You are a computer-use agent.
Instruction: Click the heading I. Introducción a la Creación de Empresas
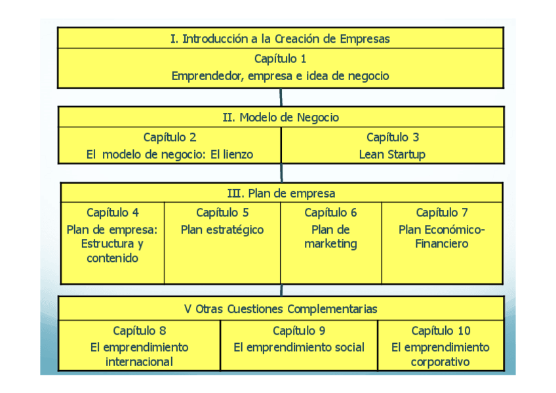(x=280, y=39)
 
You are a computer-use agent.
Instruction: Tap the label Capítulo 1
(x=280, y=58)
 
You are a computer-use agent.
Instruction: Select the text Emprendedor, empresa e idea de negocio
(x=280, y=76)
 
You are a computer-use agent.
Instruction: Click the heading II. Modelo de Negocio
(x=281, y=117)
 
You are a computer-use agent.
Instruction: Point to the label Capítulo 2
(x=170, y=137)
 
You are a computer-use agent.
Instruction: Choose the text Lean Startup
(x=392, y=155)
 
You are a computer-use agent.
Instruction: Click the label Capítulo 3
(x=392, y=137)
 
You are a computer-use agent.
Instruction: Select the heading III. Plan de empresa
(x=281, y=194)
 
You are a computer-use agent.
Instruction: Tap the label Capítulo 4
(x=113, y=213)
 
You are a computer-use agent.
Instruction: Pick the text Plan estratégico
(x=222, y=230)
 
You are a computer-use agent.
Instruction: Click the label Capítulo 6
(x=330, y=213)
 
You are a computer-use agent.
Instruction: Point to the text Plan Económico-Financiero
(x=442, y=237)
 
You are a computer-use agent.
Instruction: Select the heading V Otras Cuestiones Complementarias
(x=281, y=309)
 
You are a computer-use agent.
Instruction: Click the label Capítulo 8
(x=139, y=331)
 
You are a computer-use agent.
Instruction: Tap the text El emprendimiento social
(x=299, y=347)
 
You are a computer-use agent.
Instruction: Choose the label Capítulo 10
(x=441, y=331)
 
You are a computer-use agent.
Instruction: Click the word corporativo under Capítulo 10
(x=441, y=362)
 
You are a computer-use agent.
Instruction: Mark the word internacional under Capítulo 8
(x=139, y=362)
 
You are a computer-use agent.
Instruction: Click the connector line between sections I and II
(x=281, y=97)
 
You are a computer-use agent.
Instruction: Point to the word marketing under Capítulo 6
(x=330, y=244)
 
